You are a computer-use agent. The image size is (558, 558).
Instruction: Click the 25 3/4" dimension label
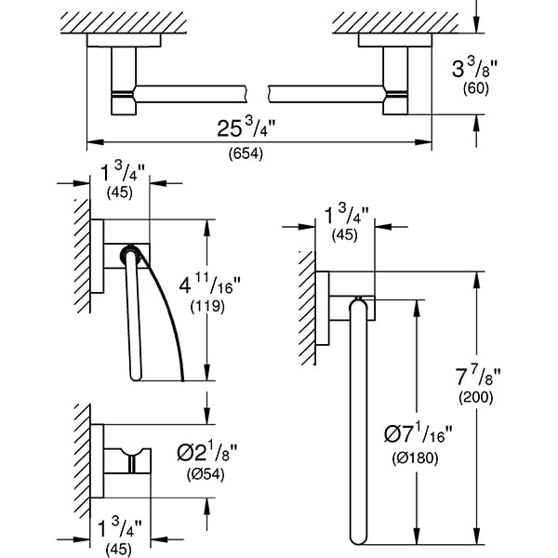coord(246,127)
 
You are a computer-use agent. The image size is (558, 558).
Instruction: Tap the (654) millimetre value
coord(246,153)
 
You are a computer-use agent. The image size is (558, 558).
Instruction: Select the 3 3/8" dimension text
coord(474,67)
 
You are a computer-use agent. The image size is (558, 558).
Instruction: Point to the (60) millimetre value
coord(476,88)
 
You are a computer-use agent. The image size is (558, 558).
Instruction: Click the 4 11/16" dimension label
coord(209,284)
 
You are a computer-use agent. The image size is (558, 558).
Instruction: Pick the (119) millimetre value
coord(207,306)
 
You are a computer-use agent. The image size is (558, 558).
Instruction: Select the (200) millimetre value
coord(476,397)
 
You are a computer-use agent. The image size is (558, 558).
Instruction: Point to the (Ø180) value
coord(415,458)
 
